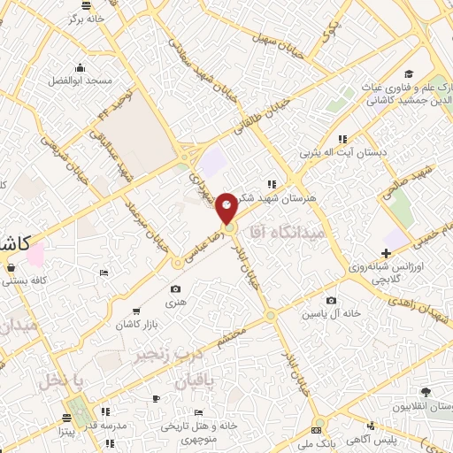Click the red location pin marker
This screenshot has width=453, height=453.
click(x=227, y=207)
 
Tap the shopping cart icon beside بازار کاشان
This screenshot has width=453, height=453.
click(x=135, y=311)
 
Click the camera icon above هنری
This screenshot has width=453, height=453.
click(x=176, y=289)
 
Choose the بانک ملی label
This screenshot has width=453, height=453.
click(x=316, y=440)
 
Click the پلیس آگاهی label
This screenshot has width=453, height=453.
click(x=371, y=440)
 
